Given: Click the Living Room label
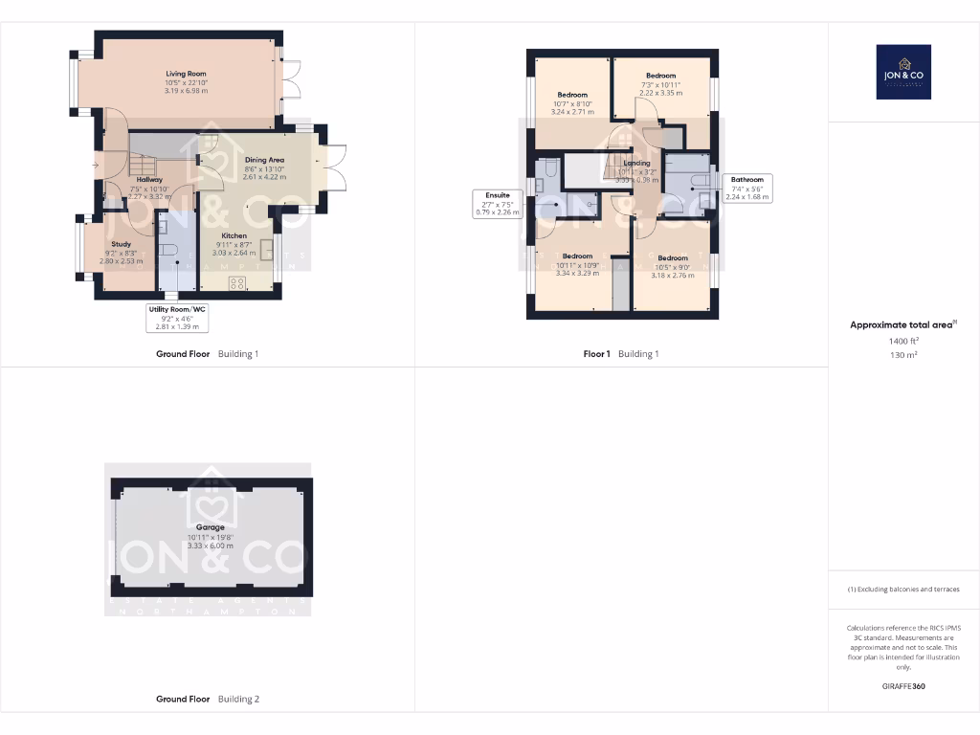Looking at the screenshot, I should pos(186,74).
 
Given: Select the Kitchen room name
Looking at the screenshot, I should pos(234,235).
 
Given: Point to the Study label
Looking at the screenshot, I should pos(121,244).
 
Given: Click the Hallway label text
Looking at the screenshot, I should pos(148,179).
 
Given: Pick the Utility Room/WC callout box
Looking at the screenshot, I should pos(176,318).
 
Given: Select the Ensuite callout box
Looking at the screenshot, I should pos(498,204).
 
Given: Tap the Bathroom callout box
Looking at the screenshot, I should pos(747,188).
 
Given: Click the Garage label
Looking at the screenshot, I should pos(211,527).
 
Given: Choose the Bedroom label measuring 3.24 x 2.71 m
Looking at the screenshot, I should pos(572,95).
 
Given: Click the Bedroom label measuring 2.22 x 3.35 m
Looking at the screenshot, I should pos(660,76).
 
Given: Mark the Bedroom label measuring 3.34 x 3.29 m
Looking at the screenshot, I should pos(577,256).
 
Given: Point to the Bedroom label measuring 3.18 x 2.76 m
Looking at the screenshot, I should pos(673,257).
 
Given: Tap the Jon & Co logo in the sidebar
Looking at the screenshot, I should pos(903,72).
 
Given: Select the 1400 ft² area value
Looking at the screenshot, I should pos(903,340).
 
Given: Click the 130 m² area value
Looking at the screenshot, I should pos(903,354).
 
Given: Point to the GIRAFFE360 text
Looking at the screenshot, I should pos(903,686).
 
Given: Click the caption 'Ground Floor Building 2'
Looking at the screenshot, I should pos(208,700).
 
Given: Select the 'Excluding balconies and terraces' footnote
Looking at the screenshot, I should pos(903,590).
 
